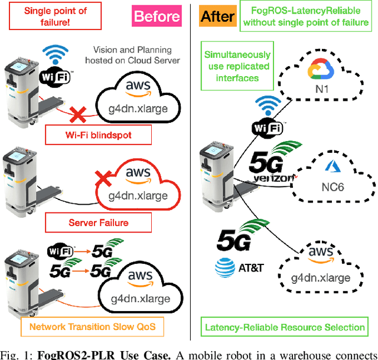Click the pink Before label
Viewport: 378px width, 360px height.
tap(157, 16)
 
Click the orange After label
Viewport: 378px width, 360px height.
tap(218, 16)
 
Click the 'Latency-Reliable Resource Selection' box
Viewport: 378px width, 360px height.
tap(284, 327)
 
